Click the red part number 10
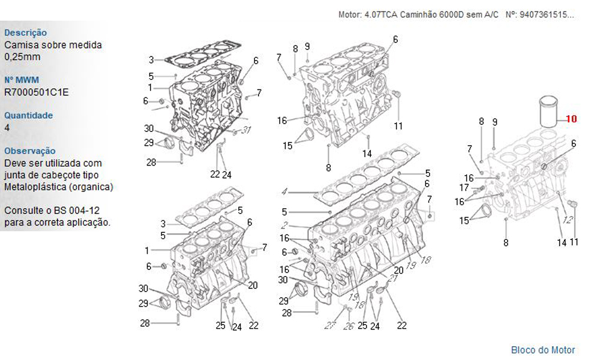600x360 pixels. click(571, 119)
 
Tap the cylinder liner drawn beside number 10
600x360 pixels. click(547, 112)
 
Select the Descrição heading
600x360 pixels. click(25, 33)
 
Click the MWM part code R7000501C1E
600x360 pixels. click(37, 92)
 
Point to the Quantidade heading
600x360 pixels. click(28, 115)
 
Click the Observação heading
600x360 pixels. click(30, 151)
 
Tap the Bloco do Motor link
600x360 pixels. click(543, 350)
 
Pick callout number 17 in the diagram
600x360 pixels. click(464, 187)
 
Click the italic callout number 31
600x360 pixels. click(247, 130)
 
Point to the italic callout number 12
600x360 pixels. click(568, 220)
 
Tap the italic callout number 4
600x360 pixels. click(284, 191)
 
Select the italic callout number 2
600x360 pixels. click(284, 224)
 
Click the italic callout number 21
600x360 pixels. click(392, 277)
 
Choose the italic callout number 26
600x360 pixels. click(349, 326)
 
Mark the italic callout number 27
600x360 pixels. click(330, 325)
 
